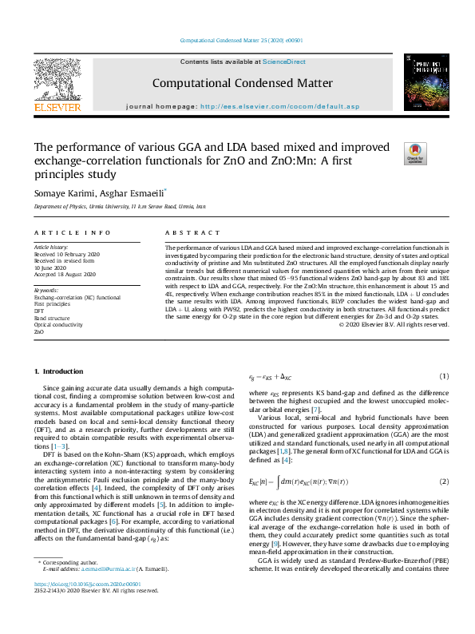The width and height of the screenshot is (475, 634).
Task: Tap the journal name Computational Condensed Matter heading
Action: point(242,83)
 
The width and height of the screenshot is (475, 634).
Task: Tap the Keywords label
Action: point(46,290)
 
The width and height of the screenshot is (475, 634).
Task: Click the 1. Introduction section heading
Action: point(61,372)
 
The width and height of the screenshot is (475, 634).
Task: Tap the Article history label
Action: point(51,248)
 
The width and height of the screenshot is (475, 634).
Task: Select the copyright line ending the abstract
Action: point(394,323)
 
